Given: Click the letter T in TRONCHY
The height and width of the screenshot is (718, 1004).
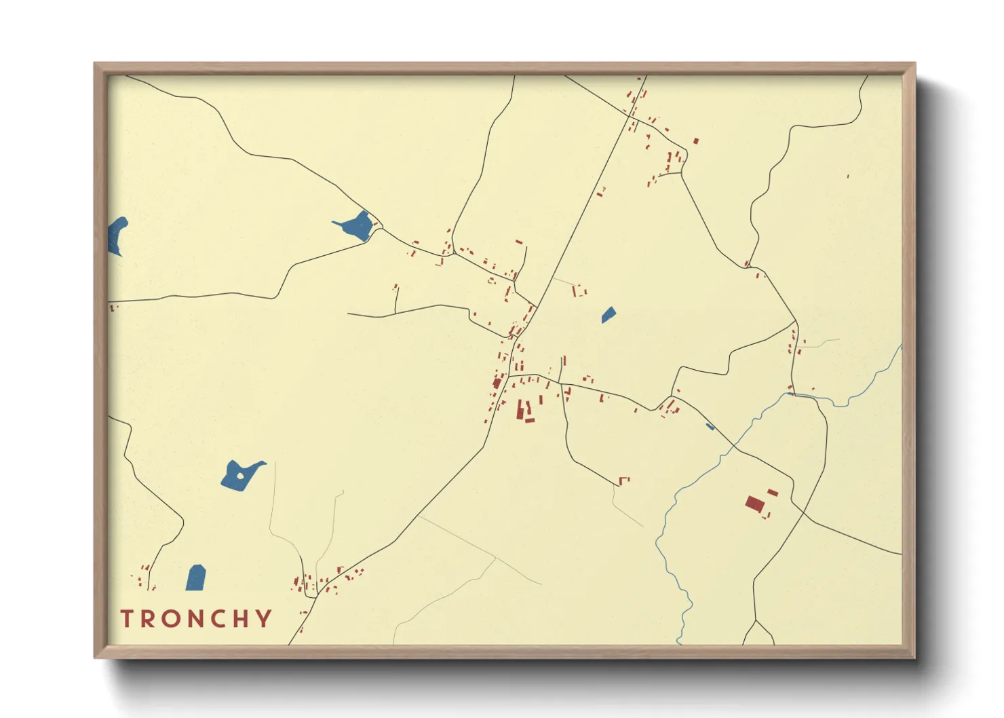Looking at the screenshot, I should (x=127, y=618).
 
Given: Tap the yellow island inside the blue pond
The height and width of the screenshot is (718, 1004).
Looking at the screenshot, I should (x=239, y=476).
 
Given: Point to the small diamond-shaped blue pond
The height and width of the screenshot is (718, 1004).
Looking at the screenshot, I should (x=609, y=315).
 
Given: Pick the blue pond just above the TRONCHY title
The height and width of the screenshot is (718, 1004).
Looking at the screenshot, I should (x=196, y=578).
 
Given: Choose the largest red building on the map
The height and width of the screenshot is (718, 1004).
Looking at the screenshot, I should (x=754, y=504).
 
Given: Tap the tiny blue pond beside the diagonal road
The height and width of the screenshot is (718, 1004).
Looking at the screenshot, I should (x=710, y=426).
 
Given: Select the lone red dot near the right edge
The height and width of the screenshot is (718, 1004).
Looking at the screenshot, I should (x=848, y=176).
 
